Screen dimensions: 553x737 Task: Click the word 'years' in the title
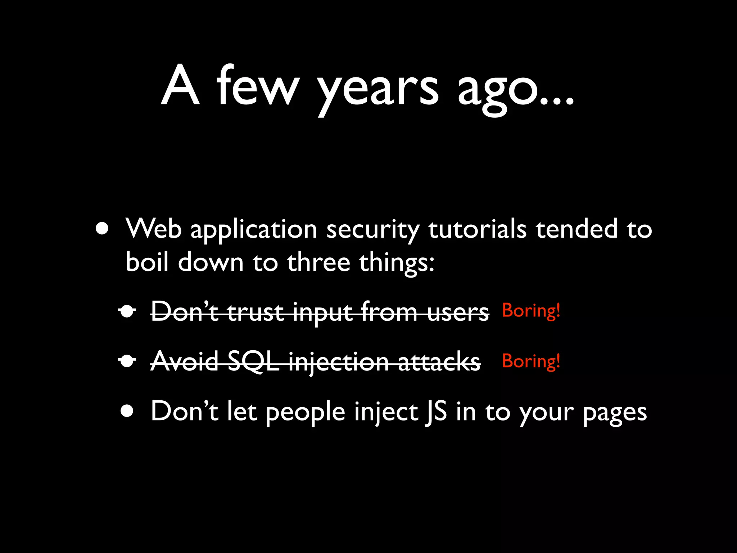378,90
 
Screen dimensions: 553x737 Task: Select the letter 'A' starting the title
180,86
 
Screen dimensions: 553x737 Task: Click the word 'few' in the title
258,86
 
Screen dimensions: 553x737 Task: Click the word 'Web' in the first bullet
154,229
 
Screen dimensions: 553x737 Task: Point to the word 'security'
373,230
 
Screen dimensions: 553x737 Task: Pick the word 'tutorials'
477,229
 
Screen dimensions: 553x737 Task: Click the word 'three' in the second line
318,262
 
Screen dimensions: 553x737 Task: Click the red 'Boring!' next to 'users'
531,311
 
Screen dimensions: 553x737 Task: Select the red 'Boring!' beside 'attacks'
531,361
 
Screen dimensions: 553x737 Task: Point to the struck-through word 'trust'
255,312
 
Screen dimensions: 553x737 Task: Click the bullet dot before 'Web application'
102,229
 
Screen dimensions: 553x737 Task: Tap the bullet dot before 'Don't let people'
127,411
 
